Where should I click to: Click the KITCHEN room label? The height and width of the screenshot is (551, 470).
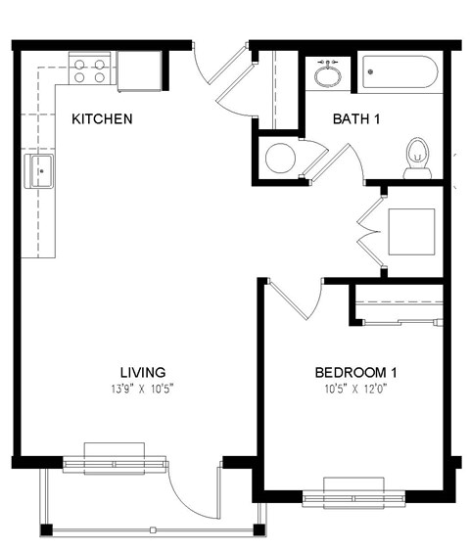coord(102,119)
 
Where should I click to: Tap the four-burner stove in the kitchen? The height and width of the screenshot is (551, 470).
coord(90,70)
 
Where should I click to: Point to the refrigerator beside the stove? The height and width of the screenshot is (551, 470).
coord(139,70)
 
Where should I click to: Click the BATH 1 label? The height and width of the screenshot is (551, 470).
coord(357,119)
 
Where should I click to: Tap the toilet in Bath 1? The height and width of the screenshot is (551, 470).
coord(418,158)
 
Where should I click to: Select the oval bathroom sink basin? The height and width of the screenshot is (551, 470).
coord(327,73)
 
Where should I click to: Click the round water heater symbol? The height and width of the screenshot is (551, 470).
coord(280,158)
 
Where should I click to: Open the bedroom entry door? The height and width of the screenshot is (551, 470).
coord(294,298)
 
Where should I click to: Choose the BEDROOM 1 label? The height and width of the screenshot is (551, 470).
coord(355,373)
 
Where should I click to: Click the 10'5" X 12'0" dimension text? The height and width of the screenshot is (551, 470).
coord(355,389)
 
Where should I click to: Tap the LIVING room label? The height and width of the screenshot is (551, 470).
coord(142,373)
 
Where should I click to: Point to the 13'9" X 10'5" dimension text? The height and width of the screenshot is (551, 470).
coord(142,389)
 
